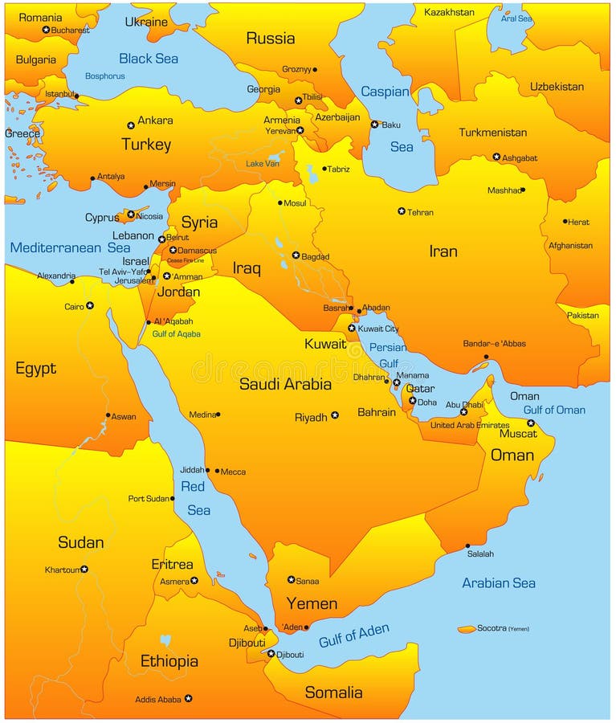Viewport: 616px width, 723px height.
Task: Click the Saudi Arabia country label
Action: [x=285, y=384]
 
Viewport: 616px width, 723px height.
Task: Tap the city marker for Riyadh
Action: [x=335, y=415]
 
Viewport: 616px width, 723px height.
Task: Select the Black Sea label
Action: [x=149, y=58]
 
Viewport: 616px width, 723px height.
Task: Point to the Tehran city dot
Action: [x=402, y=211]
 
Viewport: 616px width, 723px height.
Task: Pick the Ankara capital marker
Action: [x=131, y=125]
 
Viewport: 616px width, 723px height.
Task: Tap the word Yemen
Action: [x=312, y=603]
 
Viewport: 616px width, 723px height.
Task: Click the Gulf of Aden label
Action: [x=353, y=635]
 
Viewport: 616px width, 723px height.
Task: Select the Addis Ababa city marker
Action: [x=188, y=698]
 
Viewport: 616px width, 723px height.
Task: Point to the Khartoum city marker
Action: [x=84, y=569]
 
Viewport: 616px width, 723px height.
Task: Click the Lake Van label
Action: [x=263, y=164]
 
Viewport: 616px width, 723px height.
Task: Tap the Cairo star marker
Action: [x=90, y=305]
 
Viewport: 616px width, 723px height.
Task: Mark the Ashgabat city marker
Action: [x=496, y=157]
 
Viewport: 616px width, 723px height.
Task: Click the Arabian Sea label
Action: [x=498, y=583]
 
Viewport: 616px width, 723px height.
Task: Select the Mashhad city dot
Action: [x=523, y=190]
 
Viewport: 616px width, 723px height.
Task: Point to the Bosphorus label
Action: [x=105, y=76]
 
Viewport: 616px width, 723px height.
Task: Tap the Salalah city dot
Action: [x=467, y=546]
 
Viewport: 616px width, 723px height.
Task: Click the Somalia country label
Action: [x=333, y=692]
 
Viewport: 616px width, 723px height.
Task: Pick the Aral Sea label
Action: [x=516, y=18]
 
